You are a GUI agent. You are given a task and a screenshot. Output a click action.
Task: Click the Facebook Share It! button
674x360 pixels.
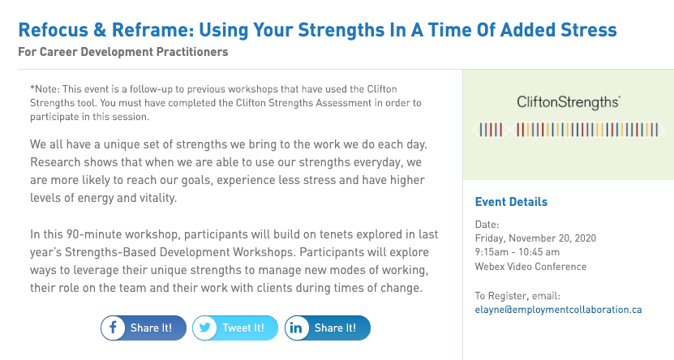[x=144, y=328]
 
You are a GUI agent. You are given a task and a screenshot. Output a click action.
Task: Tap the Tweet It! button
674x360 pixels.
[x=235, y=328]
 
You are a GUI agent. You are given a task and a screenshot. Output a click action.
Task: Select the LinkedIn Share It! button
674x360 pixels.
[x=327, y=328]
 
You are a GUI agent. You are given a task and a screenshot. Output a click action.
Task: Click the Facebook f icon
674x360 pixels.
[x=113, y=328]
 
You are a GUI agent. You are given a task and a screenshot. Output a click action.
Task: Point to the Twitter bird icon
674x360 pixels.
[x=205, y=328]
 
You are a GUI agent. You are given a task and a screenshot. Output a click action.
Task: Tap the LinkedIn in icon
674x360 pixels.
[x=296, y=328]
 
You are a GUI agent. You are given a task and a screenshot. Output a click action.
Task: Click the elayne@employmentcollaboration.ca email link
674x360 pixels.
[x=558, y=310]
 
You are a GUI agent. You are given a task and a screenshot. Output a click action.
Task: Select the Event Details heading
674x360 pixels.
[x=511, y=202]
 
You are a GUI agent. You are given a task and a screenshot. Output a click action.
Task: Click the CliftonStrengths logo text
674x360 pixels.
[x=569, y=102]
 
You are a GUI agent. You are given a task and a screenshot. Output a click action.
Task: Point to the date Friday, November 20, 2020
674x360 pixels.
[x=535, y=238]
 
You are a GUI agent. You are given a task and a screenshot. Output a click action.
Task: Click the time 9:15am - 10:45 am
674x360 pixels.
[x=517, y=252]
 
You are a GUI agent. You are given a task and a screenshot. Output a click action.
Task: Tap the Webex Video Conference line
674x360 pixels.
[x=530, y=266]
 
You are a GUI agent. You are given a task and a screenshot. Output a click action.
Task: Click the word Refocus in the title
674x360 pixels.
[x=54, y=30]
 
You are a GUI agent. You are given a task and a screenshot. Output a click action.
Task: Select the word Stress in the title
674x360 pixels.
[x=589, y=30]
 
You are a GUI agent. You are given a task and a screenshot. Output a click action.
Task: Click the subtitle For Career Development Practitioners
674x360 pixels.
[x=123, y=52]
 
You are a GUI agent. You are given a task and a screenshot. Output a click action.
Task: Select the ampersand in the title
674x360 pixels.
[x=100, y=30]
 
